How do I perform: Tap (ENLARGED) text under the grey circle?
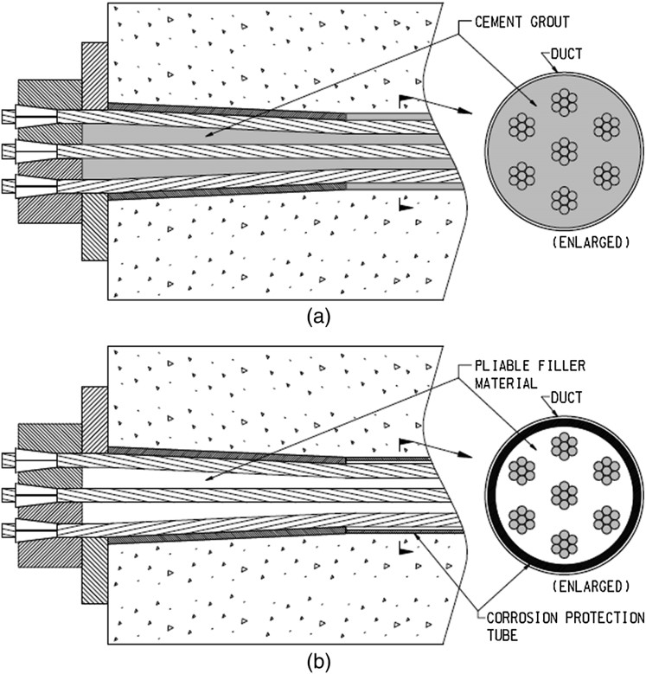(590, 242)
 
